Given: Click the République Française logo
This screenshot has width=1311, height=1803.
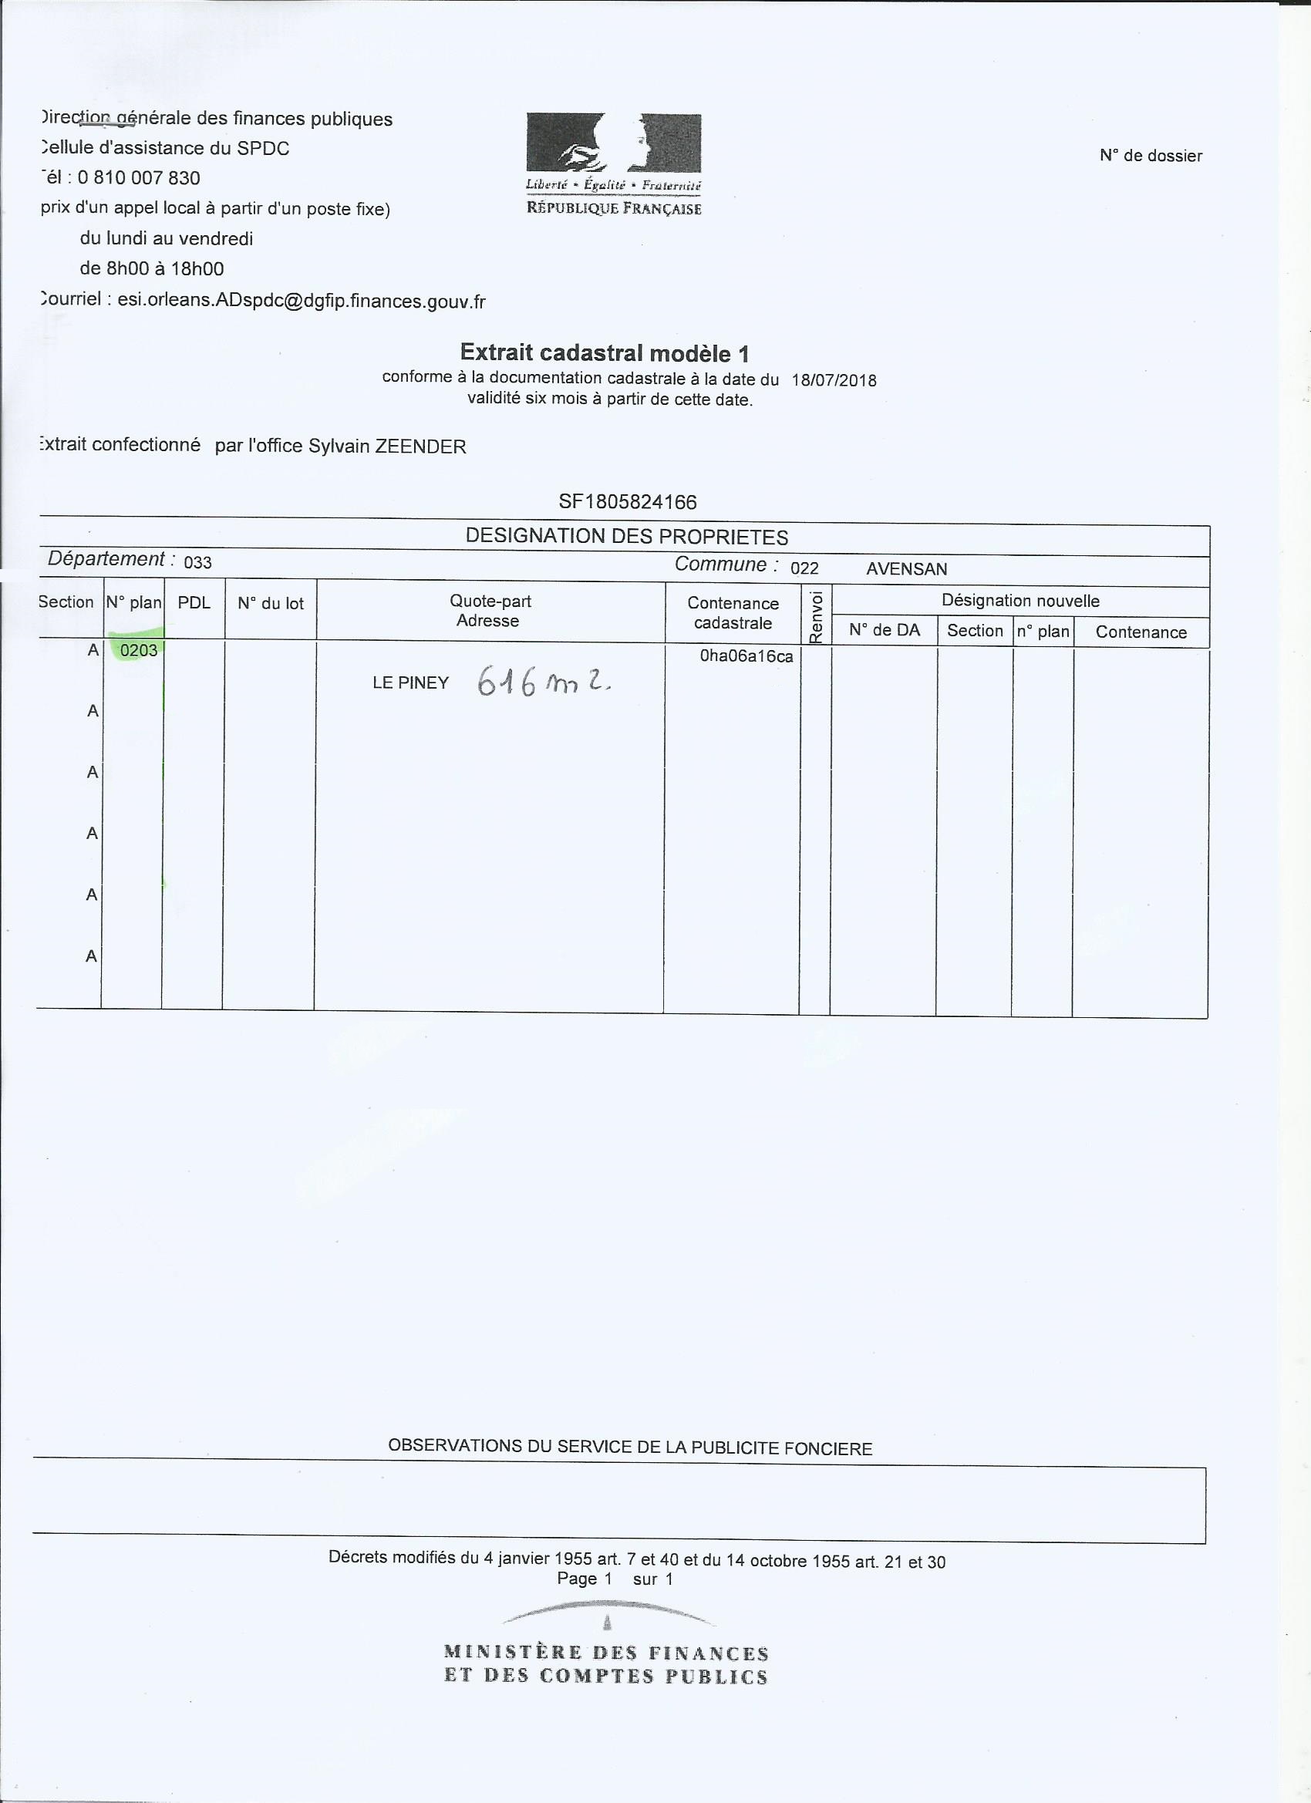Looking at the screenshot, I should click(613, 163).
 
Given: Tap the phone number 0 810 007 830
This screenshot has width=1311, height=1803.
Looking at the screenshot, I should click(138, 178).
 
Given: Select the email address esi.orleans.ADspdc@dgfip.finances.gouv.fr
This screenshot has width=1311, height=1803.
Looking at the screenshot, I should click(302, 302).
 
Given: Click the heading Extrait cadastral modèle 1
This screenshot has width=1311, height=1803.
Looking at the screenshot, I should click(605, 353).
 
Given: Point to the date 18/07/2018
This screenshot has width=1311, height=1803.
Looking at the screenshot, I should click(834, 380).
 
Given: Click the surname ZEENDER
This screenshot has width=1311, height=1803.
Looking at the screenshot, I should click(420, 447).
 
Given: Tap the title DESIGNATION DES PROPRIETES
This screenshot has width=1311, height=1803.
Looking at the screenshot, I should click(626, 537).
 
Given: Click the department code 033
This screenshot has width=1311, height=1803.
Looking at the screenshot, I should click(198, 563).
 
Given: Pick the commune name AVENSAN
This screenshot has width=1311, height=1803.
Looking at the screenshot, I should click(906, 569).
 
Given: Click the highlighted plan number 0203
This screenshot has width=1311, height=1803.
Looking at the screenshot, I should click(138, 650).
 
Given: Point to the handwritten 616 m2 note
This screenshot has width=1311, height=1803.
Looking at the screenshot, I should click(544, 681).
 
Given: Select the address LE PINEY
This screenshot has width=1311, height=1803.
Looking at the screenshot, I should click(411, 683).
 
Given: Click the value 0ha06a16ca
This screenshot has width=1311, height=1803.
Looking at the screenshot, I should click(746, 656).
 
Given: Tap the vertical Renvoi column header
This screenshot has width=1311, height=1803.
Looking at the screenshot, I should click(815, 616).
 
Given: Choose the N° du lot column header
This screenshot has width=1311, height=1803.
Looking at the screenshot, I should click(271, 604).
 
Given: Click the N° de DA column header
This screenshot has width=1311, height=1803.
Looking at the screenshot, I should click(884, 630).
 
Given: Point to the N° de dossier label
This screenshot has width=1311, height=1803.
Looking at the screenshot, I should click(1151, 156).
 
